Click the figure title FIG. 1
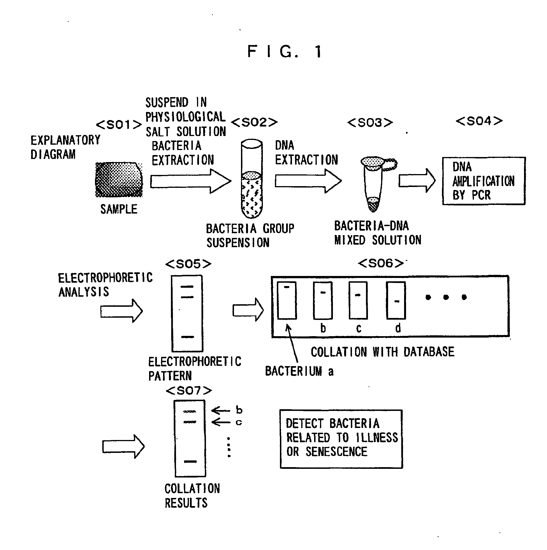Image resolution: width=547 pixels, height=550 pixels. (284, 52)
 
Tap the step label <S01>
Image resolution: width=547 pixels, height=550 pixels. (119, 124)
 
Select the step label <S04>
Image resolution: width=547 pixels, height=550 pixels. (479, 121)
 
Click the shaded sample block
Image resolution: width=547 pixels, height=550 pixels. (119, 180)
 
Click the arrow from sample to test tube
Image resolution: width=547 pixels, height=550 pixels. (190, 181)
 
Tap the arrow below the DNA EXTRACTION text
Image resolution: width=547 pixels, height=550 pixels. (308, 181)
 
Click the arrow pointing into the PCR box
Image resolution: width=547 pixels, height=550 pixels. (416, 181)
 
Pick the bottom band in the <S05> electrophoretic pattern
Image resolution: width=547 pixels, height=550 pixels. (187, 337)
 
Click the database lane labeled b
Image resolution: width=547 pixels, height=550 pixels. (322, 300)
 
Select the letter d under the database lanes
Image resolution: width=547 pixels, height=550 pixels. (398, 328)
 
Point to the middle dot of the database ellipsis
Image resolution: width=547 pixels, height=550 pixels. (446, 297)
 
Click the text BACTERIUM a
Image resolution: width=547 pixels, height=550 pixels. (299, 371)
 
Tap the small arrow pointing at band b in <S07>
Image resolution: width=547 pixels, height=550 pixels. (220, 410)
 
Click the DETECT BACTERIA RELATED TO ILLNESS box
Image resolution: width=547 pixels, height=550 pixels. (341, 439)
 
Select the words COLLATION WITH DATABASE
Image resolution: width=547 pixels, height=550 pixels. (382, 352)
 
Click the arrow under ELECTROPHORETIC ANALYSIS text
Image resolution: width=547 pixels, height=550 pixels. (121, 311)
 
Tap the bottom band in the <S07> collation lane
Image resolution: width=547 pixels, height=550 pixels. (190, 461)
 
